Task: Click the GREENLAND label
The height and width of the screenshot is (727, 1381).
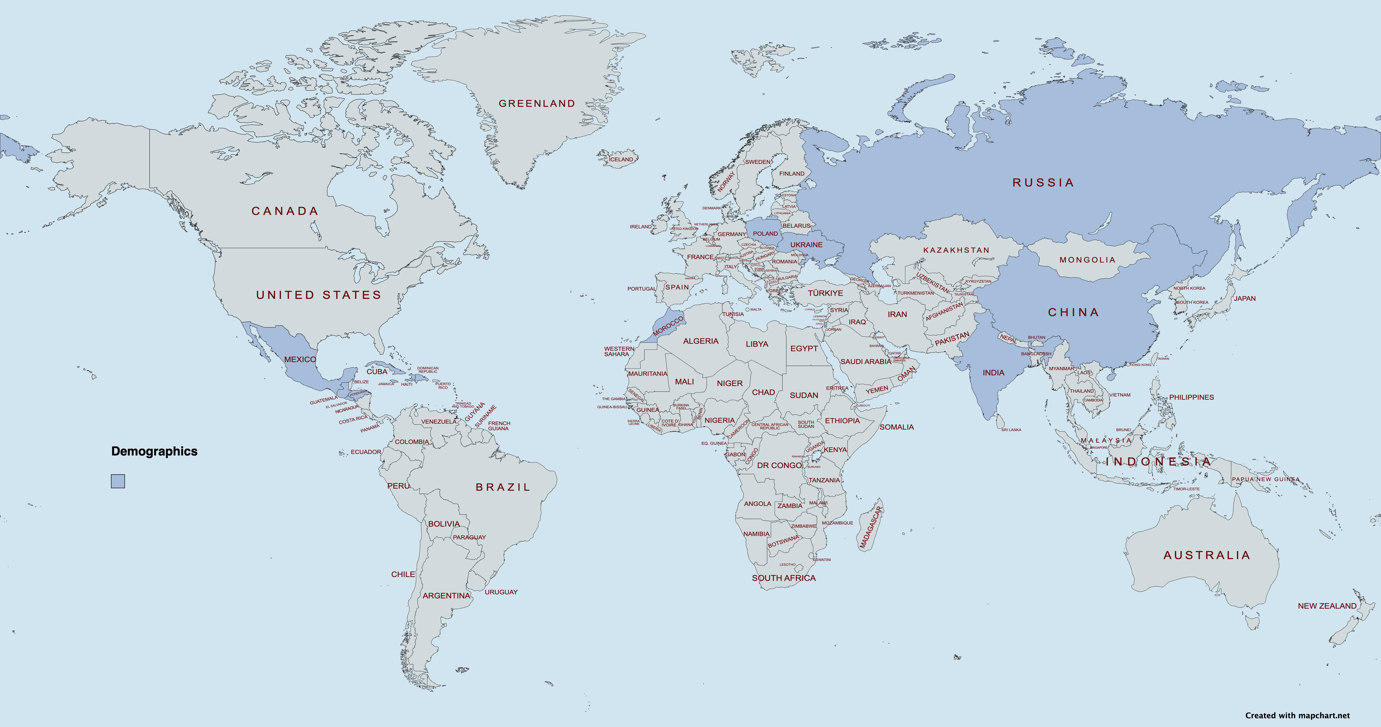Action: click(x=537, y=103)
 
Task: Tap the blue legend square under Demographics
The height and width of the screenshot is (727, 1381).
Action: click(x=118, y=481)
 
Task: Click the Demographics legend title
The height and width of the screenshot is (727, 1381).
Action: click(x=154, y=451)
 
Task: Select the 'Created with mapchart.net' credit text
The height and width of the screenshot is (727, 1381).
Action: click(x=1297, y=715)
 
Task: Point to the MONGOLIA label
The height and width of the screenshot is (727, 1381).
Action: click(x=1087, y=260)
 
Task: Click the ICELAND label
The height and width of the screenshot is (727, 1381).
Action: click(x=621, y=159)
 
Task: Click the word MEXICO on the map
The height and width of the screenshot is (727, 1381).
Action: click(x=300, y=359)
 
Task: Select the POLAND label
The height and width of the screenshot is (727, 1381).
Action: click(x=765, y=234)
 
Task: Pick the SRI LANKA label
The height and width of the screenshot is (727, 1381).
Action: click(x=1011, y=430)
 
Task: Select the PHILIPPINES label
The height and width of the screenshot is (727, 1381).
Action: click(x=1191, y=397)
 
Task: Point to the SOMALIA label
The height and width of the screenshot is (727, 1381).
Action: click(x=896, y=427)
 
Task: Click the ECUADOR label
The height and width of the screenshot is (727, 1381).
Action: click(x=366, y=452)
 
